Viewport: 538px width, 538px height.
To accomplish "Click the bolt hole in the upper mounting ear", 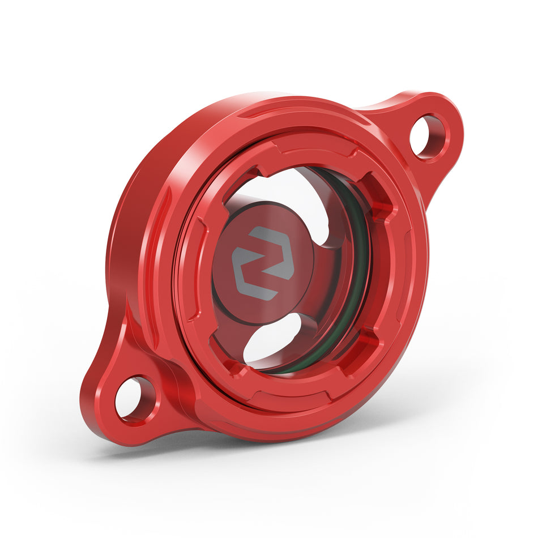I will tap(428, 136).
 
